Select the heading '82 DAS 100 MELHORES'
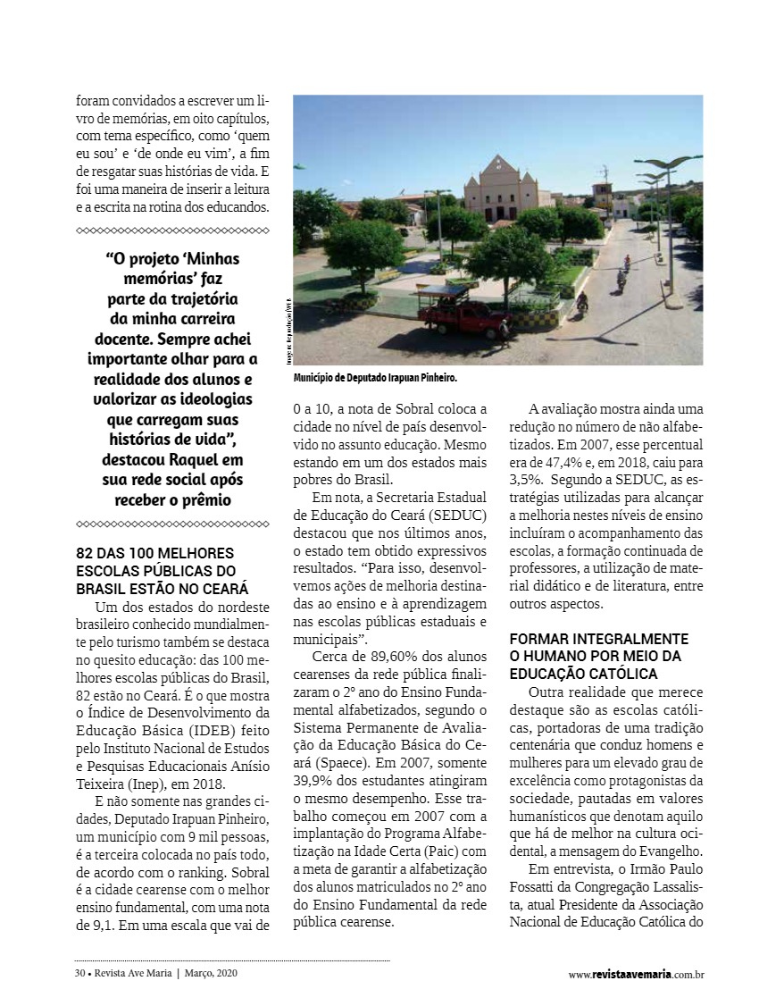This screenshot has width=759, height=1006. coord(155,553)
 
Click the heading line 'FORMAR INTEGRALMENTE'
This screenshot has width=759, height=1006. coord(598,639)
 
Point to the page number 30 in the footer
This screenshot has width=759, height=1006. coord(79,974)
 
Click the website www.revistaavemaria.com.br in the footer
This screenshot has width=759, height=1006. coord(636,975)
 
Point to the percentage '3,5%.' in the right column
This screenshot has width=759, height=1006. coord(527,479)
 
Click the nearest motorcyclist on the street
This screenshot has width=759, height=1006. coord(582,300)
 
